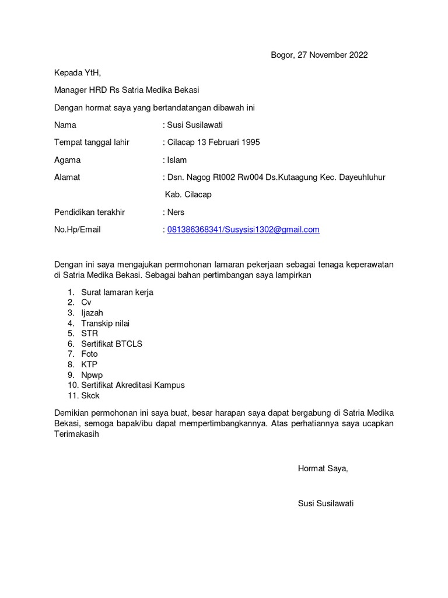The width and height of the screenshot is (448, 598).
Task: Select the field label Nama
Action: coord(65,125)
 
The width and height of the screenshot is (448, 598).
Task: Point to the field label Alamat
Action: coord(67,178)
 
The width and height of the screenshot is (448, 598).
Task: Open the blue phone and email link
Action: coord(243,230)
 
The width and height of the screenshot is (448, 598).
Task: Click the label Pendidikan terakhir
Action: coord(89,212)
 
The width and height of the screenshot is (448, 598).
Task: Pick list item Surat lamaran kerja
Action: coord(117,292)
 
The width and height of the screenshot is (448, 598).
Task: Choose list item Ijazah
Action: coord(92,313)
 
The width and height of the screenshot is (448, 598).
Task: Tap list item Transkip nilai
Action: coord(106,323)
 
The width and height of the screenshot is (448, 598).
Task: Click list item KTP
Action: coord(89,364)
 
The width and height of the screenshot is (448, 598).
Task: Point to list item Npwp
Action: coord(92,375)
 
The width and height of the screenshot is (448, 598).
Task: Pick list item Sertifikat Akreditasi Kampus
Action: coord(133,385)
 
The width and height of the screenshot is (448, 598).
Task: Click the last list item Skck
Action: coord(90,395)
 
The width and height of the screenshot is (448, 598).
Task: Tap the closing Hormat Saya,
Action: coord(323,468)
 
